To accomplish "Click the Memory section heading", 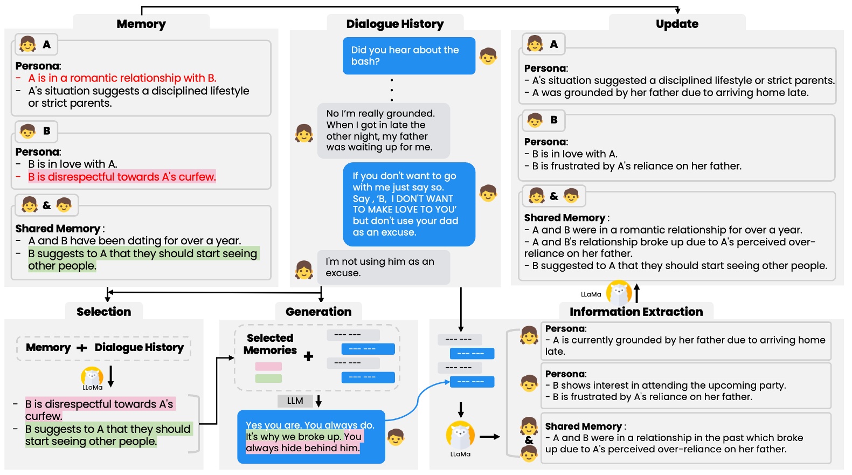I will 141,24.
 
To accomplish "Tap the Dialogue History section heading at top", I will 395,24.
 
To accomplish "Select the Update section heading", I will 677,24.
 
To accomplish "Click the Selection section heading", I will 103,312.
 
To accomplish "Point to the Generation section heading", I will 318,312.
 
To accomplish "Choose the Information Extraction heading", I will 636,312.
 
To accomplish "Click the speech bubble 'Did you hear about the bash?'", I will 408,56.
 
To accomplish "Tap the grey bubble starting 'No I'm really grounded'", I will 383,130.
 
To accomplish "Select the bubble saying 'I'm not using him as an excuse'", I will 383,267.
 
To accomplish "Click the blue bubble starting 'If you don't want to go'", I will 408,204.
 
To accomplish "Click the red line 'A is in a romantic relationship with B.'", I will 122,78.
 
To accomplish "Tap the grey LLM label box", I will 295,401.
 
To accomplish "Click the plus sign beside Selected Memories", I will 308,356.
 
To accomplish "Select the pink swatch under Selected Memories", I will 268,367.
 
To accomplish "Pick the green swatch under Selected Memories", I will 268,378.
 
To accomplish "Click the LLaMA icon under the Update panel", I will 619,293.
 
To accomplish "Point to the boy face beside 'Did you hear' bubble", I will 488,56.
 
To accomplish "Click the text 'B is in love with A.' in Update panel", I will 574,154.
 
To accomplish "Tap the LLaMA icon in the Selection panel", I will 92,376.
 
